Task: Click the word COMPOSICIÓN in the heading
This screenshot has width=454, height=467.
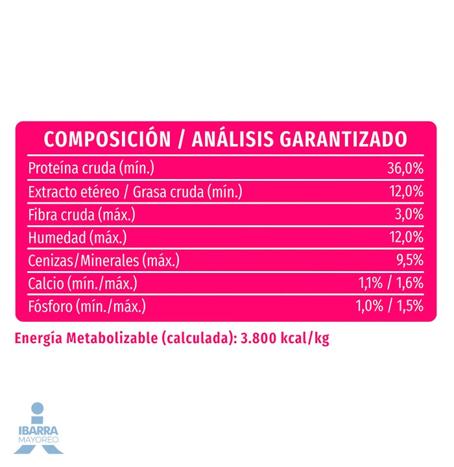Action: (x=101, y=139)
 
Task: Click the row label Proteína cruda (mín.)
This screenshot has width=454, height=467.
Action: (x=91, y=169)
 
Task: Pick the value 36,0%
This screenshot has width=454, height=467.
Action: (x=405, y=169)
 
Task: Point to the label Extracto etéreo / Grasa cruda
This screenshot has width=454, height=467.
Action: (x=135, y=192)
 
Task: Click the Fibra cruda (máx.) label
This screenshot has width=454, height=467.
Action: (x=82, y=215)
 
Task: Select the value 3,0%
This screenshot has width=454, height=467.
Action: (x=409, y=215)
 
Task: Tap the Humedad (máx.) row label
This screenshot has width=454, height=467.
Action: (x=77, y=237)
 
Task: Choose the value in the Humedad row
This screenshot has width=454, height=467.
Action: (x=406, y=237)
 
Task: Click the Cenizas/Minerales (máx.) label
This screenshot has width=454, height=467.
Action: (x=104, y=261)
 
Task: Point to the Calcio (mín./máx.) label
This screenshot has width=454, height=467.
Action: (x=83, y=283)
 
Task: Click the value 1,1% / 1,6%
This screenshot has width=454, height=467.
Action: (x=391, y=283)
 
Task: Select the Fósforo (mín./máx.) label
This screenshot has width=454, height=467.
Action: (x=87, y=306)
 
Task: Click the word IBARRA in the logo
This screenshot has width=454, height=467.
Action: (x=38, y=430)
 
